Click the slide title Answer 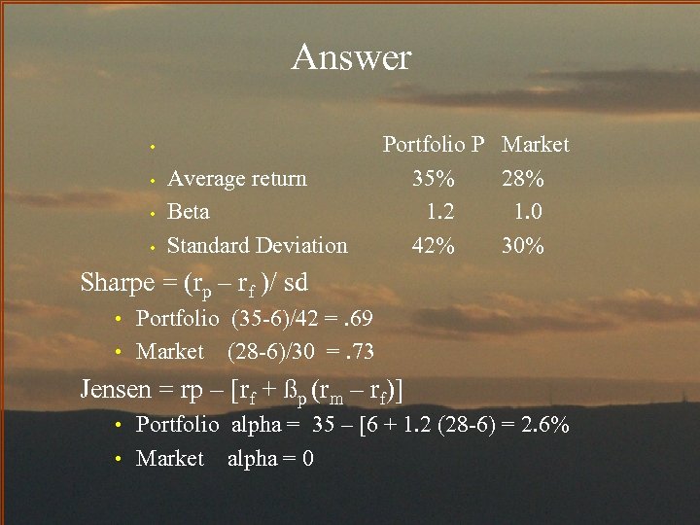pos(351,57)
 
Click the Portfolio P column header pos(434,145)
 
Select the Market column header pos(535,145)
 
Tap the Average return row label pos(237,179)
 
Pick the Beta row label pos(189,212)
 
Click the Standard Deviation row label pos(258,246)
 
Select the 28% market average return pos(523,179)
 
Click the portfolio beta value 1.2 pos(440,212)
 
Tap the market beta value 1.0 pos(528,212)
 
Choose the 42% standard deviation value pos(433,246)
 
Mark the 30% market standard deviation pos(523,246)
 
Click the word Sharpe pos(117,283)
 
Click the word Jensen pos(116,390)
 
